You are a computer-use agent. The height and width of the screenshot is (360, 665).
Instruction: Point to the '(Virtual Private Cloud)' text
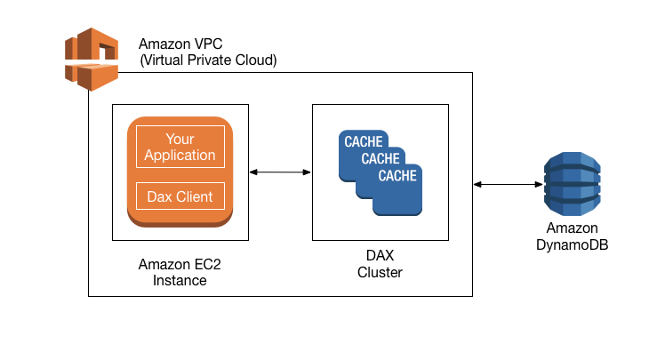tap(208, 60)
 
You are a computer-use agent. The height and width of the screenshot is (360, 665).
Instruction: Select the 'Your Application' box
tap(180, 148)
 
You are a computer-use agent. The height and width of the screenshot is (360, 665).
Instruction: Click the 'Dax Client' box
tap(180, 196)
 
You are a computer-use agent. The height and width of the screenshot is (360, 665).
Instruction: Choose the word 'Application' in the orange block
tap(180, 156)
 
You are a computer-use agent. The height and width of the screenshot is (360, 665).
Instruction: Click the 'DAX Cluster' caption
tap(380, 264)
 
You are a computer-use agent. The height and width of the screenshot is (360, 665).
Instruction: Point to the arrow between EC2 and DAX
tap(280, 172)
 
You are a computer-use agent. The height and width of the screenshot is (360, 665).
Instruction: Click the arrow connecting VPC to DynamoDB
tap(508, 184)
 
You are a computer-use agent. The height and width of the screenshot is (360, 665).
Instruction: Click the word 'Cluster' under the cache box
tap(380, 273)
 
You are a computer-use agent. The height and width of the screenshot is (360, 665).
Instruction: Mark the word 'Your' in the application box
tap(180, 140)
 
